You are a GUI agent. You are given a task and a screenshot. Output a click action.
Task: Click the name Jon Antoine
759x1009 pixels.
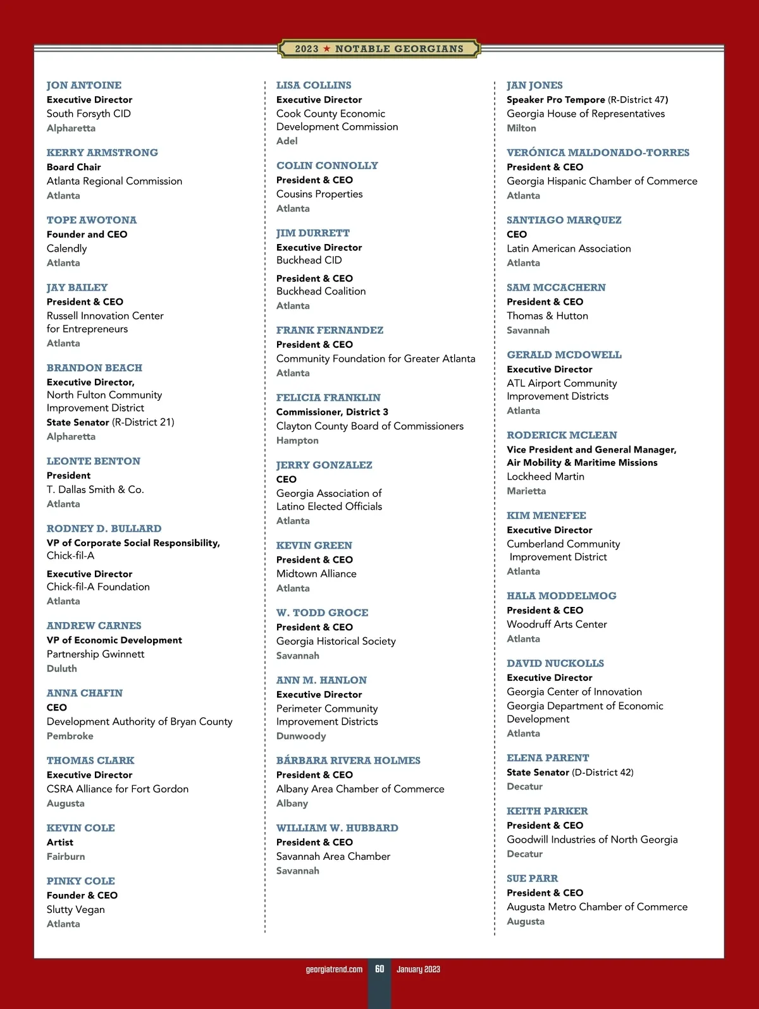(x=83, y=85)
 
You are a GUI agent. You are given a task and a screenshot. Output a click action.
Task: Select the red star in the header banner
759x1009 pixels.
(x=327, y=49)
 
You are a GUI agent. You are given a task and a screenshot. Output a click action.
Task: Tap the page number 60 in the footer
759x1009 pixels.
(x=379, y=969)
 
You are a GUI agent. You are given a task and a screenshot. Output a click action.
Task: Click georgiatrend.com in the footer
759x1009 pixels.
(x=334, y=969)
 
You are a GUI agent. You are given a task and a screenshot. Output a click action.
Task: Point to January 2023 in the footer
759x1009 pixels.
(x=418, y=969)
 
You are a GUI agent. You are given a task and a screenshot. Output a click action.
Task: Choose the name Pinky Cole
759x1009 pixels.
(x=80, y=881)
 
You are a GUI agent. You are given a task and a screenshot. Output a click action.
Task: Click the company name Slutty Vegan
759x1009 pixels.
(x=75, y=910)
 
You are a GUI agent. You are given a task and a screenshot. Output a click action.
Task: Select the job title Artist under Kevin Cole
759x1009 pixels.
(x=59, y=842)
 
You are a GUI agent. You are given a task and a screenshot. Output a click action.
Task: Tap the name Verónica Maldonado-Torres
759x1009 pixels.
(x=598, y=153)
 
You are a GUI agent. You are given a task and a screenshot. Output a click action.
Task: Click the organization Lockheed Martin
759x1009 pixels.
(x=545, y=477)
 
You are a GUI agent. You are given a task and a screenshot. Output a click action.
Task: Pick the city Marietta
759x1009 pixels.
(x=526, y=491)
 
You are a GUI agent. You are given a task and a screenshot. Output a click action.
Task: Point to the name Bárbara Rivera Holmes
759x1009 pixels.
(x=348, y=761)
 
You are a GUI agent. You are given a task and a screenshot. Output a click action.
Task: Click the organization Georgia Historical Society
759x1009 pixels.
(x=336, y=641)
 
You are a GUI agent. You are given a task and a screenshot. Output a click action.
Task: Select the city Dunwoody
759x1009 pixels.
(x=301, y=736)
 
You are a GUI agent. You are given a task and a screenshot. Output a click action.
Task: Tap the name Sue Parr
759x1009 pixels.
(x=532, y=879)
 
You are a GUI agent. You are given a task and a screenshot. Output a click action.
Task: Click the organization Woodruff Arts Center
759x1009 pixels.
(x=557, y=625)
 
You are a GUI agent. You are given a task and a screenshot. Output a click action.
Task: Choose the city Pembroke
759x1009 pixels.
(x=70, y=736)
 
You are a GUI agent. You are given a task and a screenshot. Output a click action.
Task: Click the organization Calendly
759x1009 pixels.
(x=66, y=248)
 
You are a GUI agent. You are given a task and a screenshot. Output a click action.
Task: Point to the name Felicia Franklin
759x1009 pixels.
(x=328, y=398)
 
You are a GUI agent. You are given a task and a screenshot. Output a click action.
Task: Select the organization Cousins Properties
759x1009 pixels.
(x=319, y=194)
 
